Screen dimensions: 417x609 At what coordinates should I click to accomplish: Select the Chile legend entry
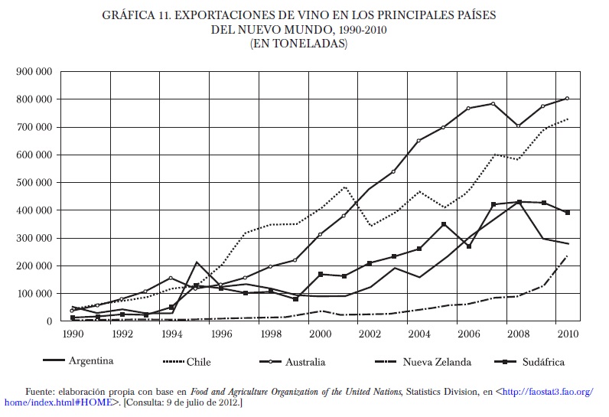198,361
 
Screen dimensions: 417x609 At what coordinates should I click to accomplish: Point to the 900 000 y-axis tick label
34,71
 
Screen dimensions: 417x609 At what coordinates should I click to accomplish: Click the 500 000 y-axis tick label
34,183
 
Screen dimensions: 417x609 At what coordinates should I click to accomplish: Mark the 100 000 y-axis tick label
34,294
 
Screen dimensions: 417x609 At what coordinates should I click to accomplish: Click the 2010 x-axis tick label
567,333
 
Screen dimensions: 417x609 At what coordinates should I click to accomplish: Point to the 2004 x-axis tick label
418,333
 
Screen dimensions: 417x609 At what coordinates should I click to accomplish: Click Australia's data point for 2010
567,98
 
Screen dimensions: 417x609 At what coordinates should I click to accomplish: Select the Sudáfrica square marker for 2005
443,224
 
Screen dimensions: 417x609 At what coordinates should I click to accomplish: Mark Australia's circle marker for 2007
493,103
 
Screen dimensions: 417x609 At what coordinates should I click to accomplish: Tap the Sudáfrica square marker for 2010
567,213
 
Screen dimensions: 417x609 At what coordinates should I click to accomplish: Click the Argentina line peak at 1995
196,262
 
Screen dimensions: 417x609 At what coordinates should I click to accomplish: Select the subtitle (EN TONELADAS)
298,44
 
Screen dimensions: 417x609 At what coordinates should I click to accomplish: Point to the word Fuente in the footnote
43,391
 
